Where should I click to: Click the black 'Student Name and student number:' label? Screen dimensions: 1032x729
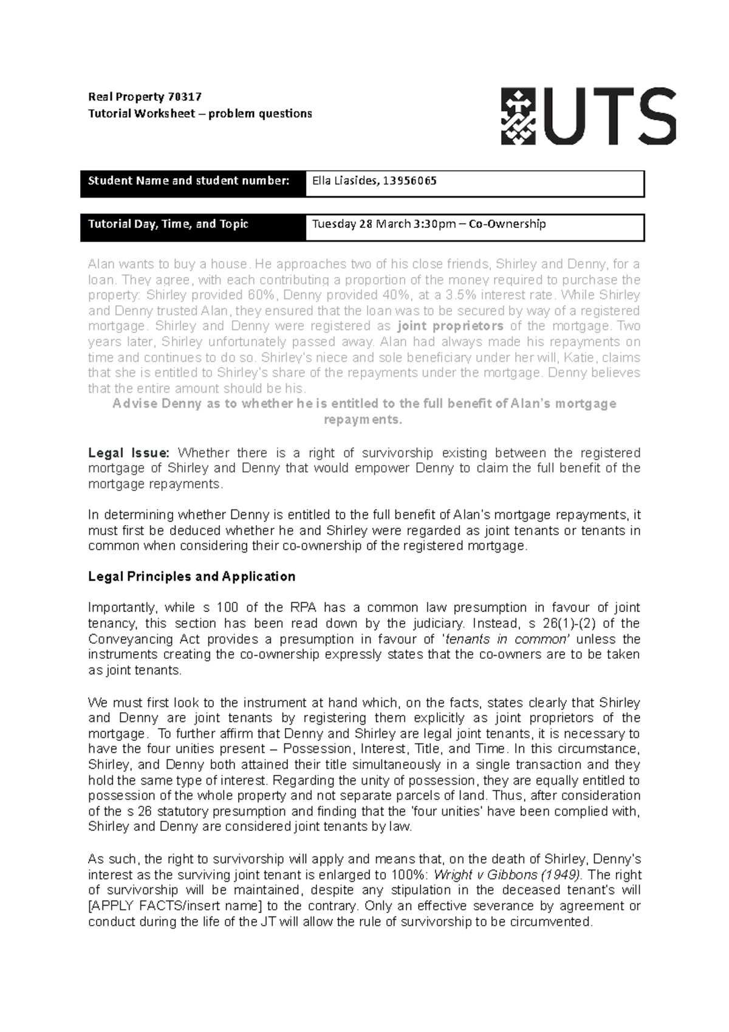(189, 181)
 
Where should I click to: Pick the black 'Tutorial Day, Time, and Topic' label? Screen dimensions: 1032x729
(168, 224)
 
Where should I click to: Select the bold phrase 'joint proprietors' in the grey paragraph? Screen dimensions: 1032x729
(450, 326)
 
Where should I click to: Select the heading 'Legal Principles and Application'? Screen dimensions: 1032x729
(191, 576)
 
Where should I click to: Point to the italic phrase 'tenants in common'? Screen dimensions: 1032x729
(507, 639)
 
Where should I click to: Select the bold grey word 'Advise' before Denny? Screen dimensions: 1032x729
(135, 404)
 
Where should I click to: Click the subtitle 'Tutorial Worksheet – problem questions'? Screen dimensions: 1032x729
(200, 114)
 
